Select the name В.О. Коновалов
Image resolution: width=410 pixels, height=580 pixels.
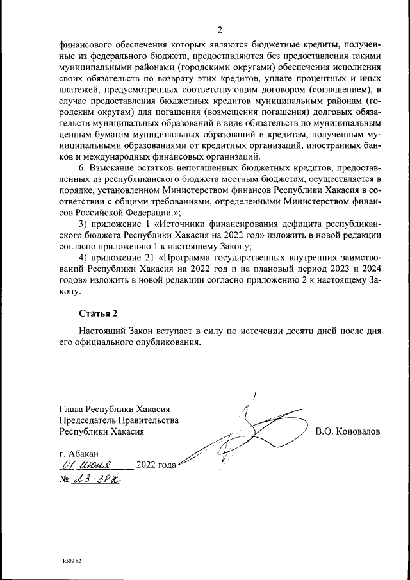[x=347, y=432]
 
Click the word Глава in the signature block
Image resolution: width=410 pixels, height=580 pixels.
[x=72, y=409]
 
